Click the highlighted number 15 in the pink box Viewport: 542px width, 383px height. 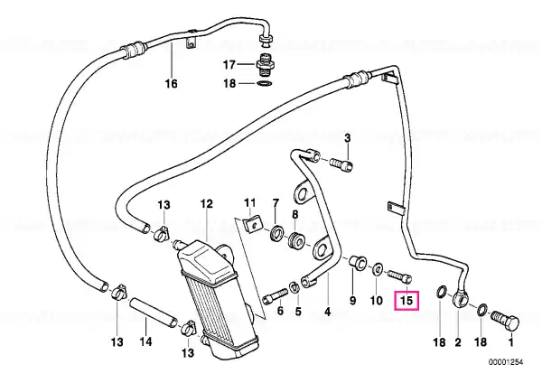point(406,301)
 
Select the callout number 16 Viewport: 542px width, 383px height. point(172,83)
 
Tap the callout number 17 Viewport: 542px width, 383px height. point(229,65)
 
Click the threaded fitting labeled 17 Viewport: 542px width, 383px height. point(265,65)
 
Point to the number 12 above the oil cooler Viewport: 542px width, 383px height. point(207,203)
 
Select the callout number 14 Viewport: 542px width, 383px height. point(145,341)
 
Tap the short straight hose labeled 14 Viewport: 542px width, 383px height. point(154,313)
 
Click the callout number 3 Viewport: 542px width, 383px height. point(348,138)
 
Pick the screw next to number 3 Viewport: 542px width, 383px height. point(341,163)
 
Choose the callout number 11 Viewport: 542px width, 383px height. point(249,202)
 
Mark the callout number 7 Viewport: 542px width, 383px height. point(276,203)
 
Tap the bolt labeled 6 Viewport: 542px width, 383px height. point(275,296)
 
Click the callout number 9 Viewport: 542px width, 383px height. point(352,300)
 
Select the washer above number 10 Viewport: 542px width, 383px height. point(377,269)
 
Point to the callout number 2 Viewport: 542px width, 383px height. point(458,342)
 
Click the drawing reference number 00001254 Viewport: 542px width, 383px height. point(506,362)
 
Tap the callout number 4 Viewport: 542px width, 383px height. point(327,312)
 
